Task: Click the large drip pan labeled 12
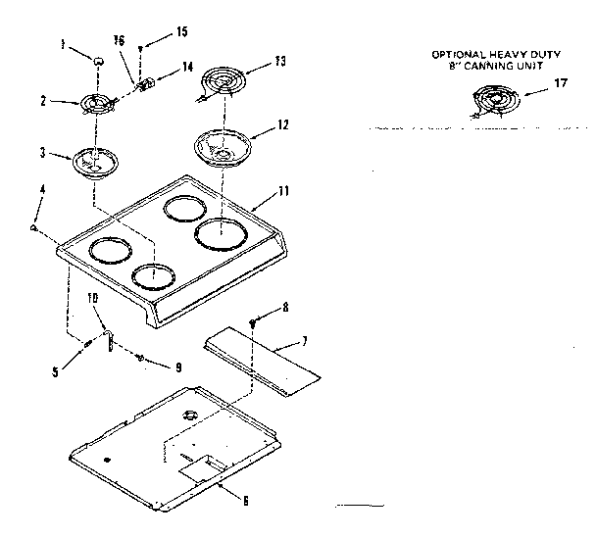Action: click(223, 145)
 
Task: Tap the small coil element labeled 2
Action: click(95, 104)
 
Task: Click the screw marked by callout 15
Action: click(141, 47)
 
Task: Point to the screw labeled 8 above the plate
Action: click(252, 321)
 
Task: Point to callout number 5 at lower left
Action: click(56, 371)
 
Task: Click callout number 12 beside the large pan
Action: click(284, 126)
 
